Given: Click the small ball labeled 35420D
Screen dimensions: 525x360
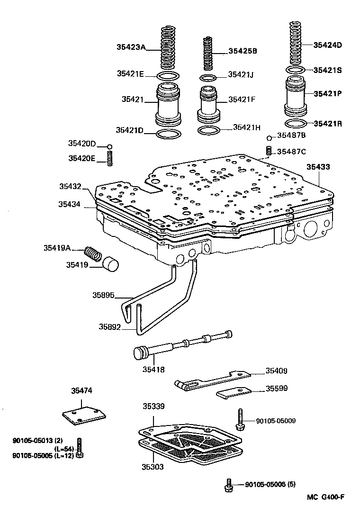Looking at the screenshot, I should [x=109, y=147].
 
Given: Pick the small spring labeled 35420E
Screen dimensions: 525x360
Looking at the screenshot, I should [x=109, y=158].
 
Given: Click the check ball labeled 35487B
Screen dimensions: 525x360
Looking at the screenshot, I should [x=269, y=138].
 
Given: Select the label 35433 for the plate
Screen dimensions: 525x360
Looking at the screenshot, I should [x=318, y=167].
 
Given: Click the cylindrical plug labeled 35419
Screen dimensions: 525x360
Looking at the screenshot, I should [x=111, y=264].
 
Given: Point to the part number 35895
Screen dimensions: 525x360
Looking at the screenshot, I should [x=103, y=295].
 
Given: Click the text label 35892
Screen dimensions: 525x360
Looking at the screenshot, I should [x=110, y=327].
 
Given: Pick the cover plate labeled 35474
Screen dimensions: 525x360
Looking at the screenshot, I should [x=84, y=414].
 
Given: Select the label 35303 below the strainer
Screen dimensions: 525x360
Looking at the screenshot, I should [x=153, y=467].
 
